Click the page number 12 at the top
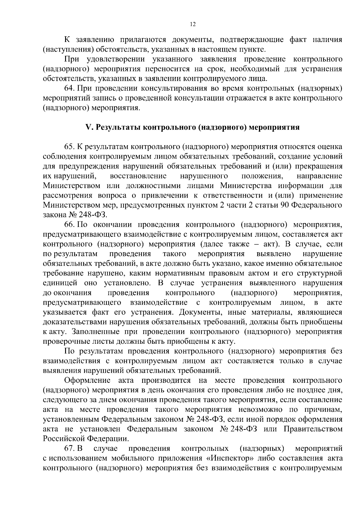[x=193, y=25]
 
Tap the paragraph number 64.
[x=69, y=88]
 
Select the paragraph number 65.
[x=69, y=147]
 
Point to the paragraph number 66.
[x=69, y=225]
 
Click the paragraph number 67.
[x=69, y=448]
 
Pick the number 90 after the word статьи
[x=285, y=205]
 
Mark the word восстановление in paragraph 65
[x=138, y=176]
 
